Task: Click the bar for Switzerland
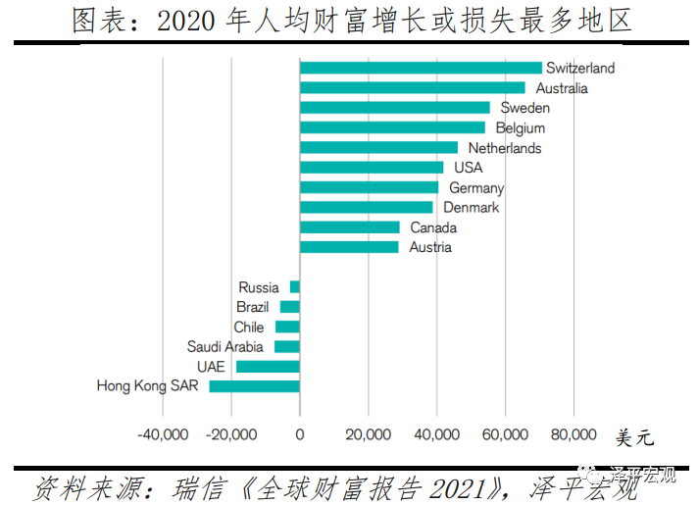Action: tap(421, 68)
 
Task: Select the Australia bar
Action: tap(412, 87)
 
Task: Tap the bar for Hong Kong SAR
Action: tap(254, 386)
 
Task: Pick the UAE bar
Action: tap(268, 367)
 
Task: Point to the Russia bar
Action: tap(294, 287)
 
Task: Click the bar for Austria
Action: tap(349, 247)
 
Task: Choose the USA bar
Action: tap(372, 168)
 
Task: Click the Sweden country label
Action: tap(524, 108)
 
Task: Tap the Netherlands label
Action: tap(504, 148)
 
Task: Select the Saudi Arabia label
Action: tap(225, 347)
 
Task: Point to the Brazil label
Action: tap(252, 307)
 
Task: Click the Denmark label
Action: tap(471, 208)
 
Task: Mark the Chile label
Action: tap(248, 328)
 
